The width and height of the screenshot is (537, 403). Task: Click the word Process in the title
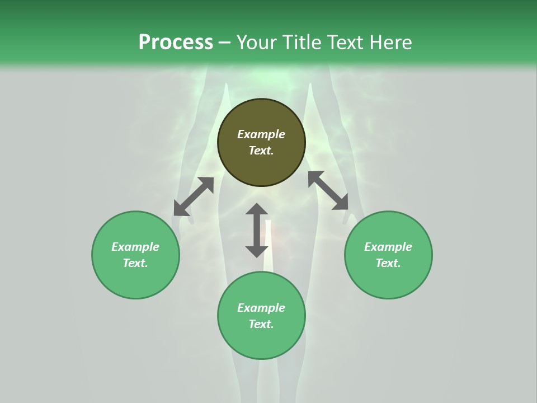(x=176, y=43)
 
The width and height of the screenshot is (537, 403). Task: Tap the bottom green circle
(x=261, y=341)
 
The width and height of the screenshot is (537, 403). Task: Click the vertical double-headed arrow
(x=257, y=230)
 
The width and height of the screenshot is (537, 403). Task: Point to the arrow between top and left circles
(x=194, y=196)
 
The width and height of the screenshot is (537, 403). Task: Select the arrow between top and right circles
(x=328, y=190)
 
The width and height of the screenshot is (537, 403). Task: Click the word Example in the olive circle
(x=261, y=134)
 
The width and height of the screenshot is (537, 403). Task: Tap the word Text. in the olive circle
(x=261, y=151)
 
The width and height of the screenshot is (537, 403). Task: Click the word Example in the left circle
(x=135, y=247)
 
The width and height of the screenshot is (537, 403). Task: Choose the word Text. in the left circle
(x=135, y=263)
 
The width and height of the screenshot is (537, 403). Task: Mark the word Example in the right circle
(x=388, y=247)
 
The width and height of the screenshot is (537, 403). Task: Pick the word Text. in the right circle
(x=388, y=263)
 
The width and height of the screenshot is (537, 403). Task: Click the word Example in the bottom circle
(x=261, y=308)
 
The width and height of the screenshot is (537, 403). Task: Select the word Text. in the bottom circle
(x=261, y=324)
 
